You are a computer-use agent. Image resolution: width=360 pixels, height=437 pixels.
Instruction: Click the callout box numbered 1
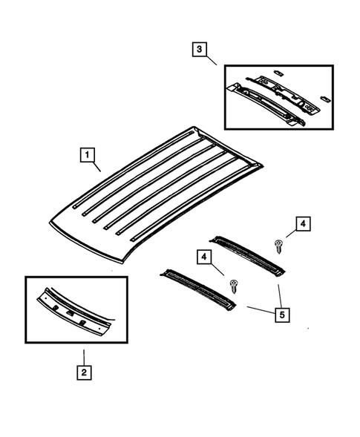pos(88,156)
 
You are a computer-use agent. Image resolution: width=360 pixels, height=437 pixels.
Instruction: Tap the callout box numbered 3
pos(198,50)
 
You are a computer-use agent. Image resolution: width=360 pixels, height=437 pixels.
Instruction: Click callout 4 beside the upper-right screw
pos(303,223)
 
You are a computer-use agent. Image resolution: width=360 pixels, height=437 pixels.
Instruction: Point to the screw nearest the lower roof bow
pos(235,284)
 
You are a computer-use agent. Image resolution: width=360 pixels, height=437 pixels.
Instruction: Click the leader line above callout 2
pos(85,354)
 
